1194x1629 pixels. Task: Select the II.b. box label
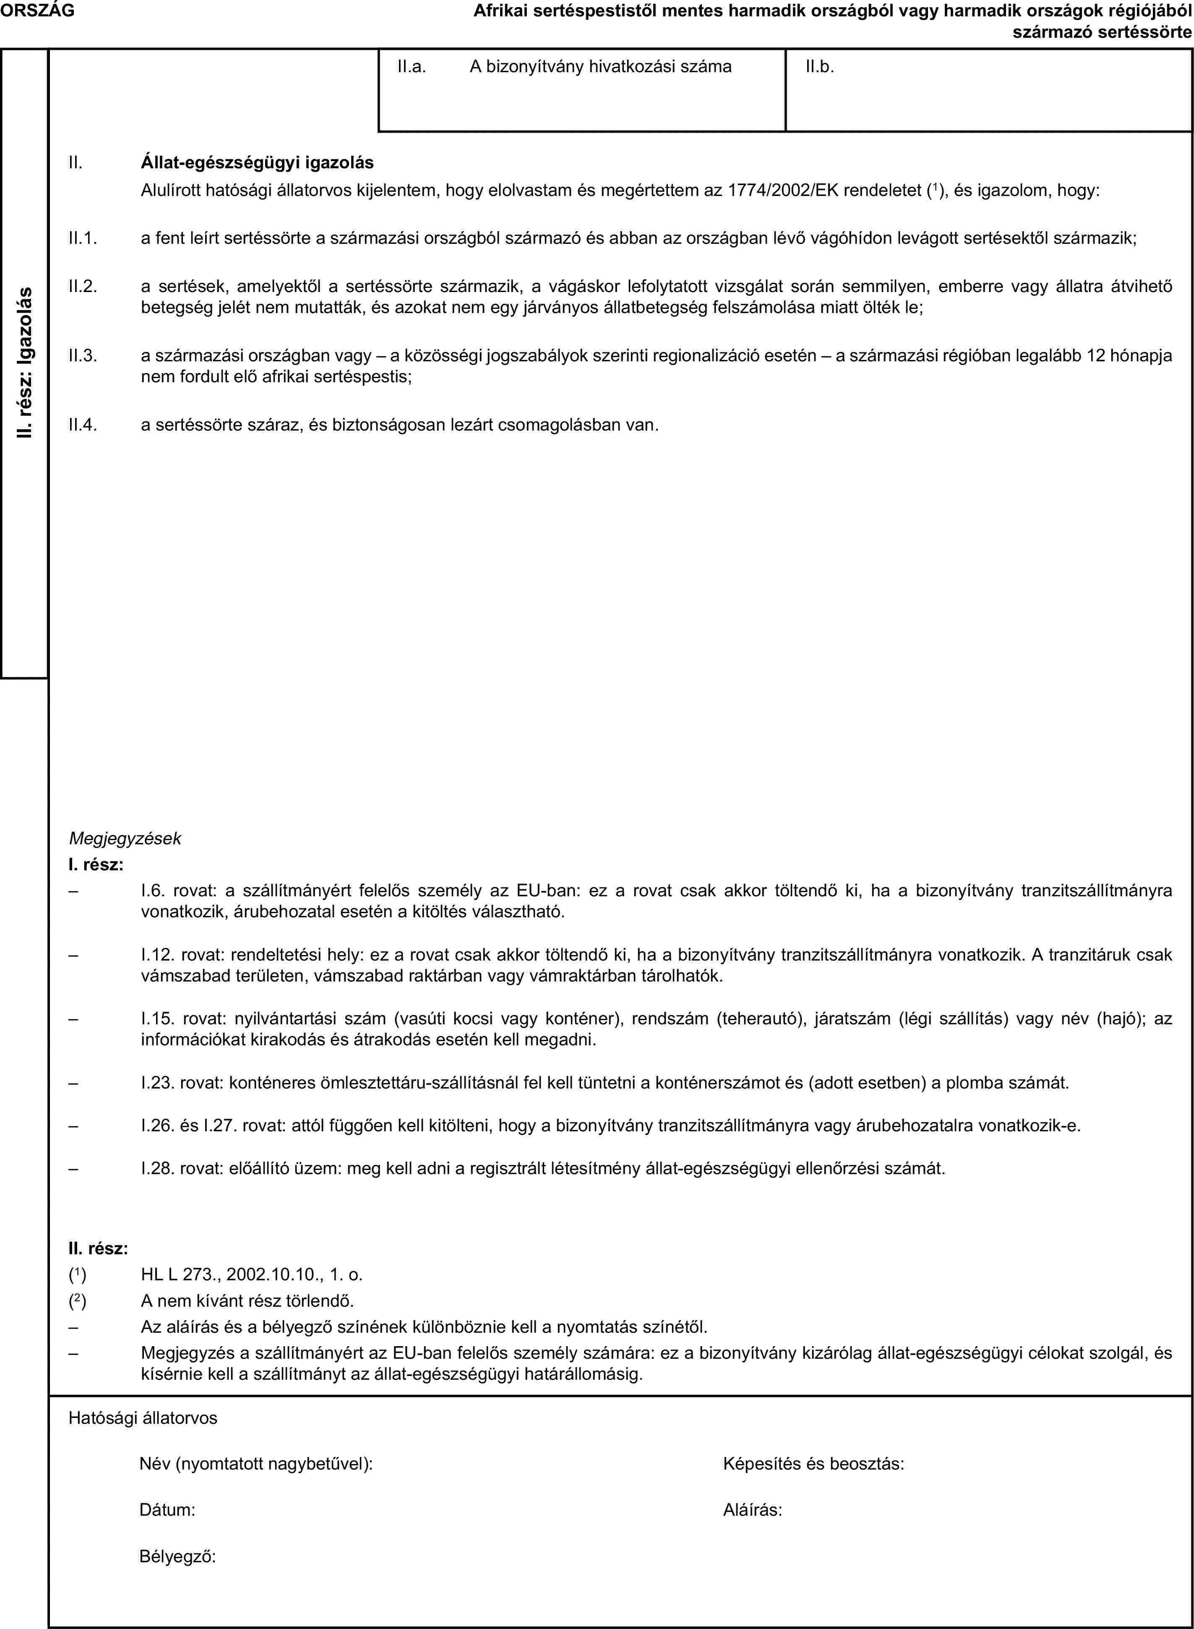click(820, 67)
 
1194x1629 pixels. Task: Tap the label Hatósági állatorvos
click(142, 1419)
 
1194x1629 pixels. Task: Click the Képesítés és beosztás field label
click(813, 1464)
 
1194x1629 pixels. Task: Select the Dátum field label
click(166, 1509)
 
